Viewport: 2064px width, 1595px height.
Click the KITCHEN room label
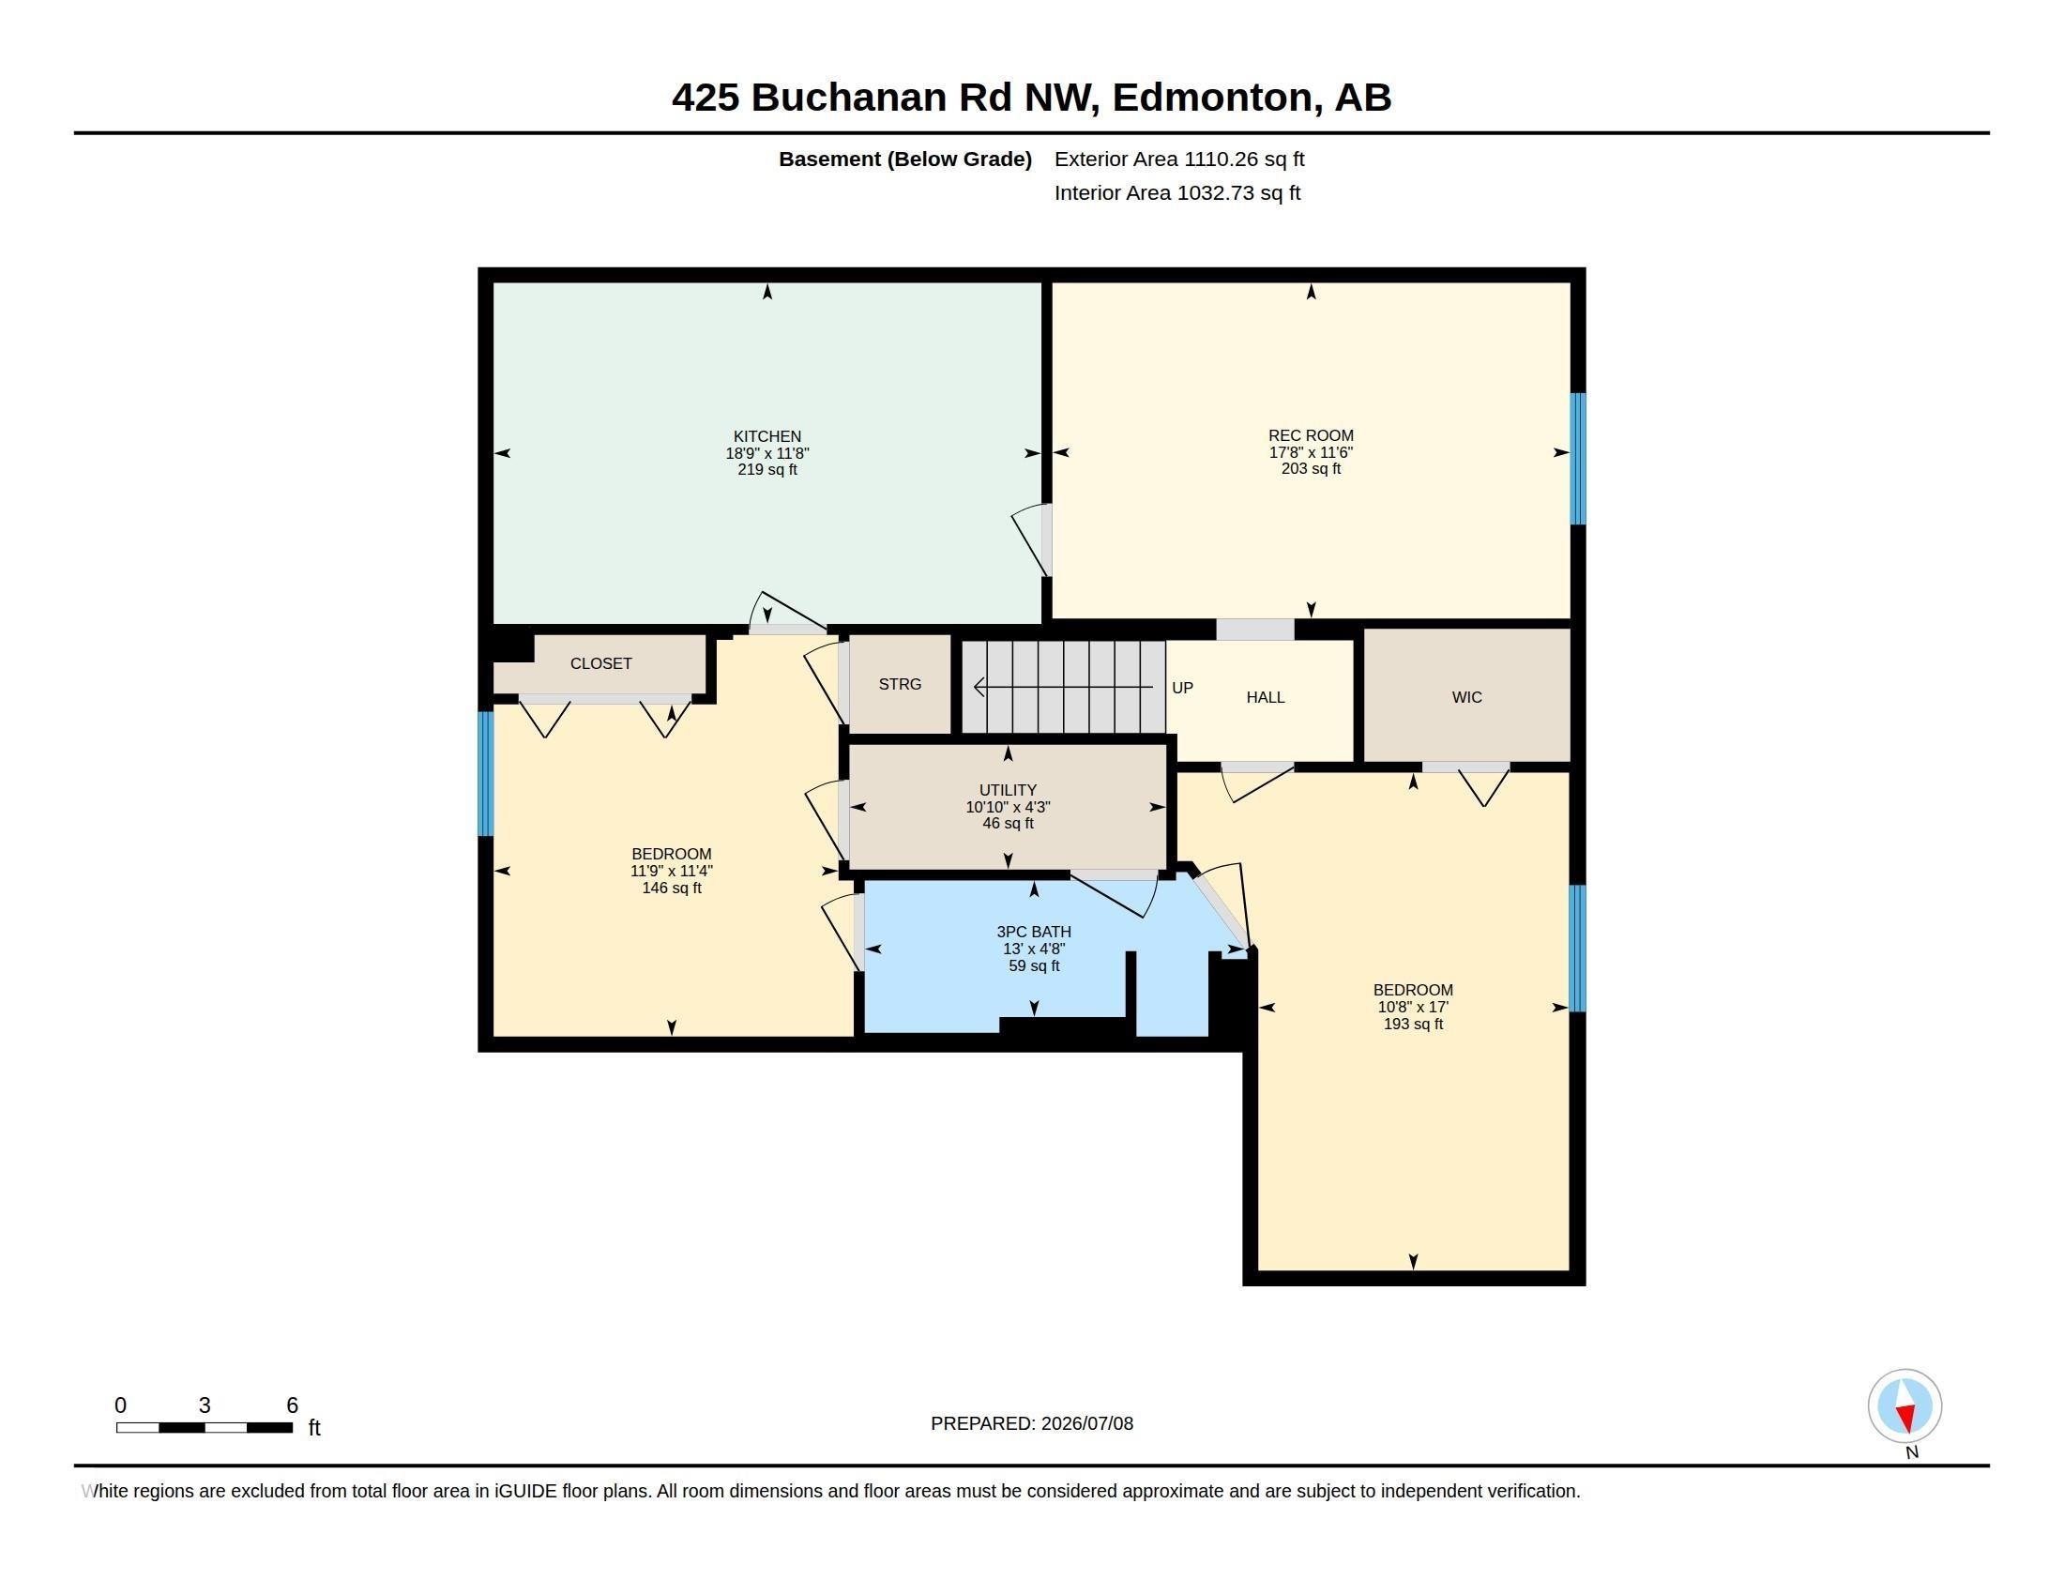point(766,436)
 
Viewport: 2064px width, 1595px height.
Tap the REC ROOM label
point(1310,435)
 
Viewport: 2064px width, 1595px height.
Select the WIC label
point(1466,697)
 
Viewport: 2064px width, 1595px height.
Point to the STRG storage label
point(900,684)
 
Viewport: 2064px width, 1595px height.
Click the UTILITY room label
point(1008,790)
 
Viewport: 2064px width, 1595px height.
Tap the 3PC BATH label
point(1033,932)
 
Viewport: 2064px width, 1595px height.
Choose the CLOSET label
point(600,663)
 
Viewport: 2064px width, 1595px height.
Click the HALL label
point(1265,697)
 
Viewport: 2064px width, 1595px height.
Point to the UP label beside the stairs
point(1182,688)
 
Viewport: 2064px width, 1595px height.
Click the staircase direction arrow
point(1063,687)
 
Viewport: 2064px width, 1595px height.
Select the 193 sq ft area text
point(1413,1024)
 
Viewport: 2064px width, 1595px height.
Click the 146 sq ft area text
point(671,889)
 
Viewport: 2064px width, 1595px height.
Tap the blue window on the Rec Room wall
point(1577,458)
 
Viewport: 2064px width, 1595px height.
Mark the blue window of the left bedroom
point(486,774)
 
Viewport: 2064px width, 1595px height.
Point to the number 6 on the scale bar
point(292,1405)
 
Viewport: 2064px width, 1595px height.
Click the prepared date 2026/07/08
point(1086,1423)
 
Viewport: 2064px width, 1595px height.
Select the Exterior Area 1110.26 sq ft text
point(1178,159)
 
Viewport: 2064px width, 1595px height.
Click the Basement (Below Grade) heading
point(904,159)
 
